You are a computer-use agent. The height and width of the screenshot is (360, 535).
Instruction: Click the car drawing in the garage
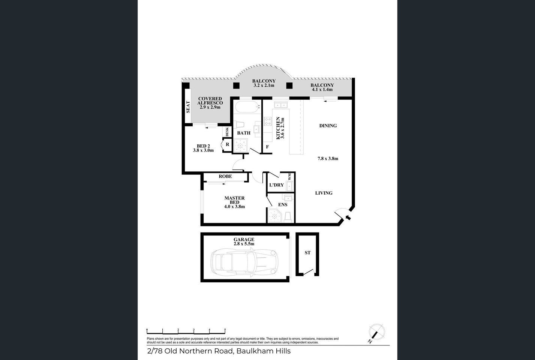pos(245,262)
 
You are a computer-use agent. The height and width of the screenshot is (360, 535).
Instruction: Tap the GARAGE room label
pos(244,240)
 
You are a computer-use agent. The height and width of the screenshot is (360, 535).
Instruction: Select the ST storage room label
pos(307,253)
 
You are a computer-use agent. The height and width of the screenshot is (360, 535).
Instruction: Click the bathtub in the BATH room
pos(247,107)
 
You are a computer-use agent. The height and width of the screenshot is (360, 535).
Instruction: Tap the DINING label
pos(328,126)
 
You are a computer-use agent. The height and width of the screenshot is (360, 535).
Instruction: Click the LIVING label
pos(324,193)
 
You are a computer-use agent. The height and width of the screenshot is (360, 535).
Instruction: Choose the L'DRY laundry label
pos(277,185)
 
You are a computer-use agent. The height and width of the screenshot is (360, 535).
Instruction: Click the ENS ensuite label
pos(283,205)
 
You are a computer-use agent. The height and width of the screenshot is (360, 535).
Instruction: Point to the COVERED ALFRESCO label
pos(210,101)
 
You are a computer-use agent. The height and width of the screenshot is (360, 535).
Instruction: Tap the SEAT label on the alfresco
pos(188,107)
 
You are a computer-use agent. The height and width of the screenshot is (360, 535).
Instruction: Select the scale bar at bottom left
pos(186,330)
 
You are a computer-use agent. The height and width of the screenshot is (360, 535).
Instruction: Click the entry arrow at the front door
pos(348,217)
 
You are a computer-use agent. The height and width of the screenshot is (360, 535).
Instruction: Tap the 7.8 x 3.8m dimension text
pos(328,159)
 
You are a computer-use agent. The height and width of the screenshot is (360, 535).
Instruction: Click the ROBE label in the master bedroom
pos(225,176)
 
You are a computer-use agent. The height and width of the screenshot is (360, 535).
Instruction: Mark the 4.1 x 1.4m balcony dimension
pos(322,90)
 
